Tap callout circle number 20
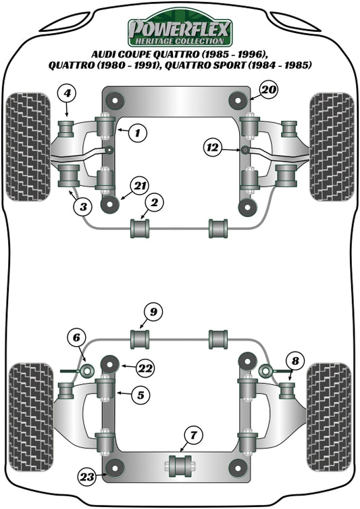pos(268,89)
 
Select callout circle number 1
pos(138,133)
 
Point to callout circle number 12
pos(213,146)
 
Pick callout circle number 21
pos(139,187)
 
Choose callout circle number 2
pos(154,202)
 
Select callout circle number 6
pos(76,338)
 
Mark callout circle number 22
pos(145,368)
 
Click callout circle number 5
pos(140,395)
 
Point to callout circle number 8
pos(294,360)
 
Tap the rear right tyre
pos(329,416)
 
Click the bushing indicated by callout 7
pos(180,466)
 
